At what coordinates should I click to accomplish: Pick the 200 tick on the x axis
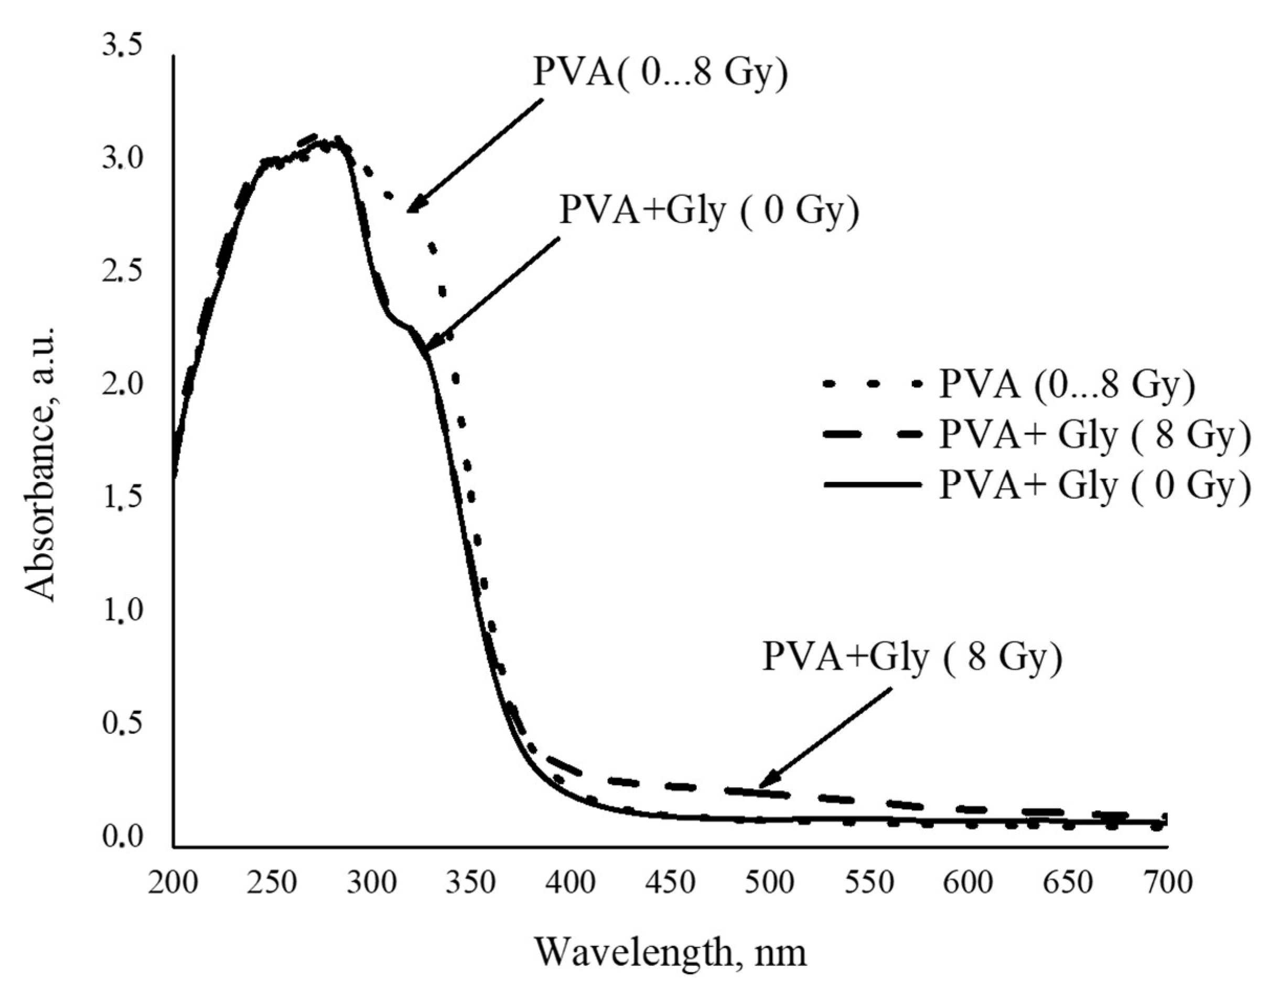pyautogui.click(x=173, y=883)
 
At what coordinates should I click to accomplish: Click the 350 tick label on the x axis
pyautogui.click(x=471, y=883)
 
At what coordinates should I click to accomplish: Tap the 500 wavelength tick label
pyautogui.click(x=770, y=883)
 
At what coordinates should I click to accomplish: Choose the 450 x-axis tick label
pyautogui.click(x=671, y=883)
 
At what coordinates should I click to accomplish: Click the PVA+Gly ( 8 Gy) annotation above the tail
pyautogui.click(x=912, y=658)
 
